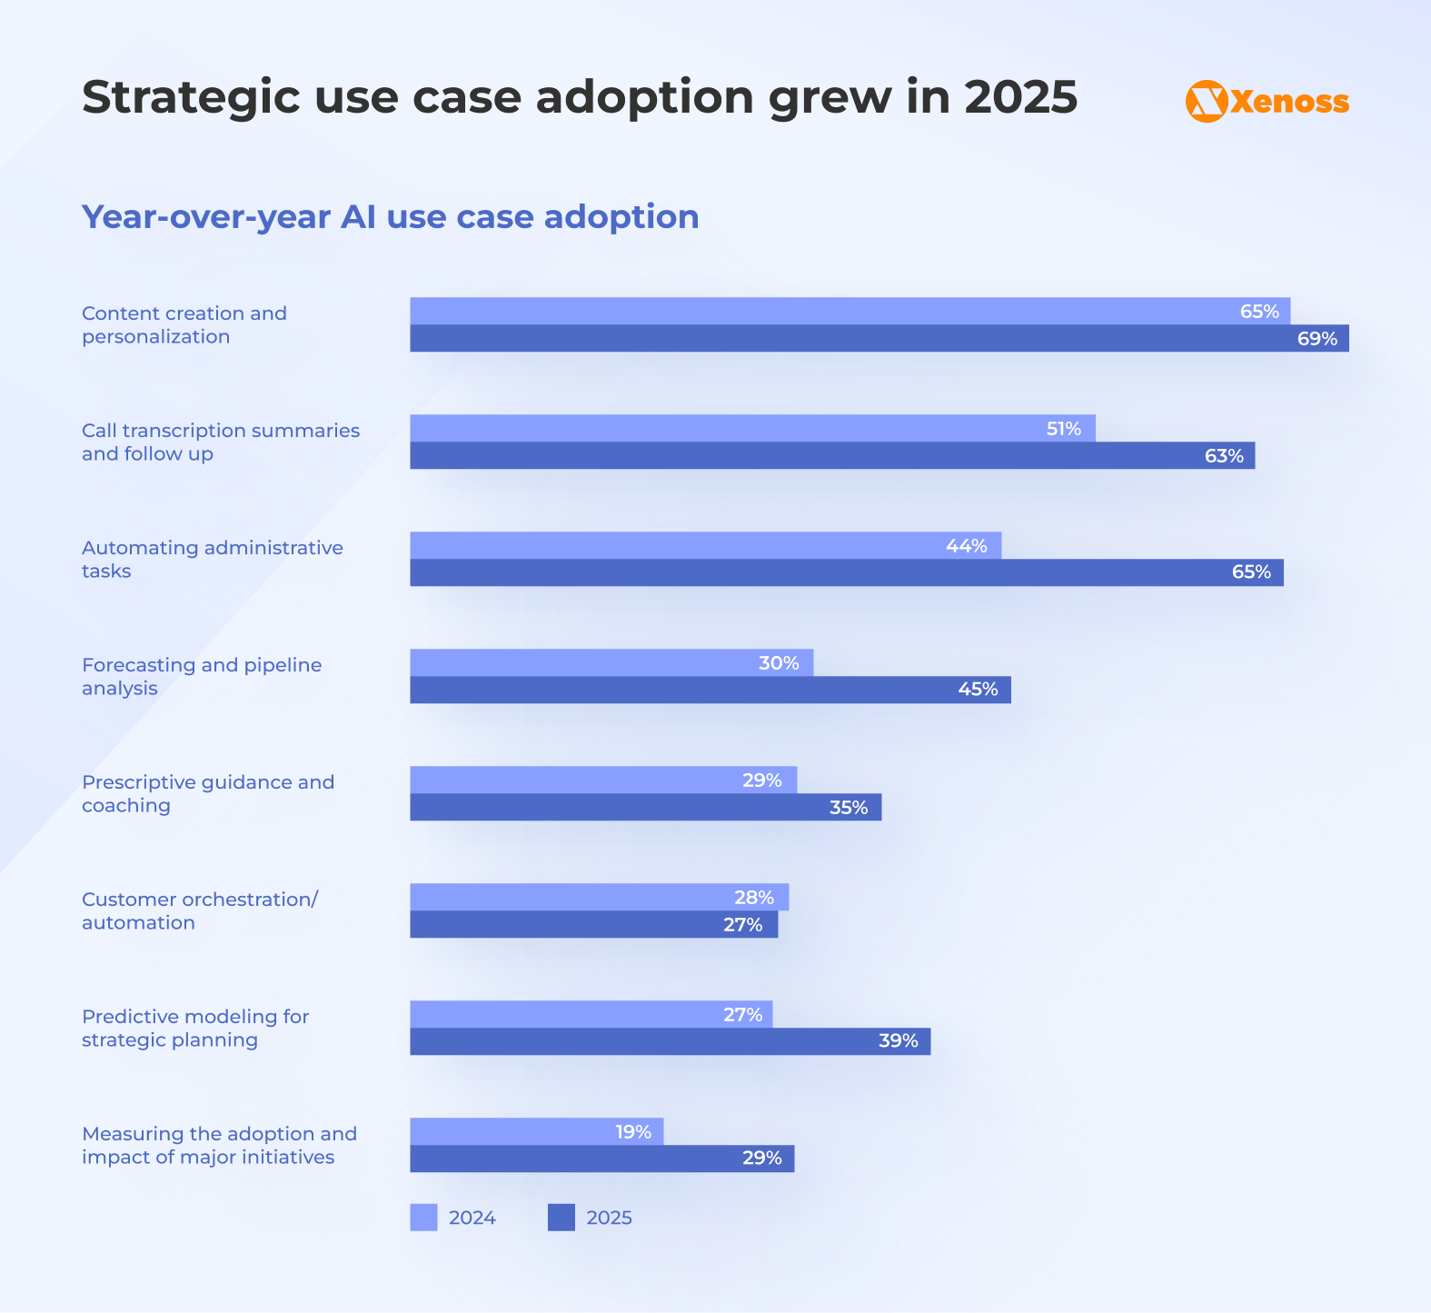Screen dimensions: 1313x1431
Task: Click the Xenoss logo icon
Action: (x=1207, y=101)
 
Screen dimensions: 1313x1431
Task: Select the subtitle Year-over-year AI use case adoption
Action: (x=391, y=217)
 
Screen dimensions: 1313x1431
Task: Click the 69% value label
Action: (x=1317, y=339)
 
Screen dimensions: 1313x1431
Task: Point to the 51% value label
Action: (x=1063, y=429)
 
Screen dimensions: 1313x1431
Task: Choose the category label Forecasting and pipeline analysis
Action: (x=202, y=676)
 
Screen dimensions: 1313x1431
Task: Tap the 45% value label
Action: (x=978, y=690)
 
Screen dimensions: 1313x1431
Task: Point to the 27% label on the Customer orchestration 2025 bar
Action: (x=742, y=925)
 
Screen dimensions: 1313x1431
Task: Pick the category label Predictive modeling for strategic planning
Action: (x=195, y=1028)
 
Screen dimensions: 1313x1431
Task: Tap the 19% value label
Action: (x=633, y=1132)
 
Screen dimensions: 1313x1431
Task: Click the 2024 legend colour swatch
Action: (x=423, y=1218)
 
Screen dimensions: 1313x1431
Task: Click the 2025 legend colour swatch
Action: (x=561, y=1218)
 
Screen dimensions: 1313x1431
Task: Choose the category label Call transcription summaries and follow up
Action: (x=221, y=442)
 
